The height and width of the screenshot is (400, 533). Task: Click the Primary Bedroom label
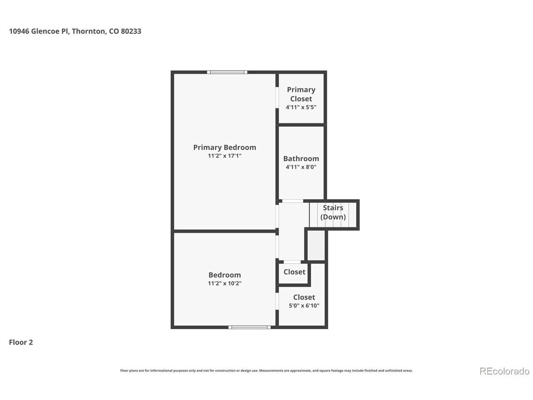tap(224, 147)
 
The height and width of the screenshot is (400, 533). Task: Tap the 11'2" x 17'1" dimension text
tap(224, 156)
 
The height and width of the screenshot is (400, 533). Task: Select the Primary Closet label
tap(301, 94)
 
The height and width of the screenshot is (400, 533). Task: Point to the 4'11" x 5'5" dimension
tap(301, 107)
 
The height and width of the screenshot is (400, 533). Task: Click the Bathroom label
tap(301, 159)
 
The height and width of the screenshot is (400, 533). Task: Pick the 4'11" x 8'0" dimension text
tap(301, 167)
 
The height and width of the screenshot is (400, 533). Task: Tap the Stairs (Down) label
tap(333, 212)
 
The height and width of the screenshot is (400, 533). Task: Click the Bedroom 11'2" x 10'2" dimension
tap(224, 283)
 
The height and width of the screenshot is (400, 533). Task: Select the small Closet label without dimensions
tap(294, 272)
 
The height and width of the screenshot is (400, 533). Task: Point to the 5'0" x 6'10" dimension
tap(304, 305)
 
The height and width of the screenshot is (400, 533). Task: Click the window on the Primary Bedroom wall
tap(227, 72)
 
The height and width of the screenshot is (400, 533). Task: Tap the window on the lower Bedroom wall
tap(249, 327)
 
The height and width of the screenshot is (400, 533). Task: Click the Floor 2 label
tap(21, 342)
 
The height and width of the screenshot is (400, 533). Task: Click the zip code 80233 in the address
tap(131, 31)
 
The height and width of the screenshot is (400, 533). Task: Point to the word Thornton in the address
tap(89, 31)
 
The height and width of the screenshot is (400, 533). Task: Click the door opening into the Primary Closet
tap(277, 97)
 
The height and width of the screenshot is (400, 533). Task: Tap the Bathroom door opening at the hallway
tap(292, 201)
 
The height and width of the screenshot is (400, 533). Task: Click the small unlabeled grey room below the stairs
tap(316, 245)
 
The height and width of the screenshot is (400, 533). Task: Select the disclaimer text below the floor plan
tap(266, 370)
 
